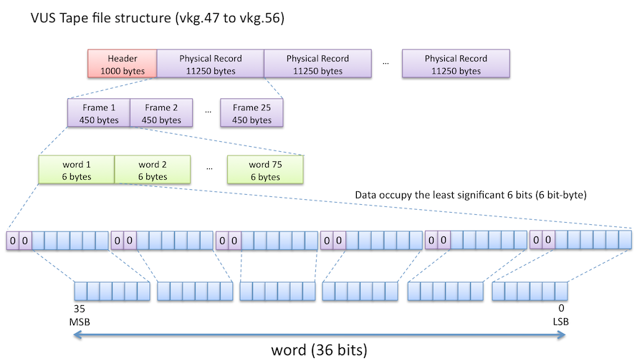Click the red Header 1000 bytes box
point(122,64)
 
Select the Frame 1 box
point(98,114)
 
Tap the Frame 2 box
point(161,114)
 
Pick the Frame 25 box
point(251,114)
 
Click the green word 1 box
point(76,170)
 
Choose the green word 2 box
point(153,170)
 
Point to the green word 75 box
point(265,170)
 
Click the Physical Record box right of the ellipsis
point(456,64)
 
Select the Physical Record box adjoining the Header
point(211,64)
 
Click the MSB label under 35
point(80,322)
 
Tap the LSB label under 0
point(560,322)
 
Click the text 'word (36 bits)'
point(320,350)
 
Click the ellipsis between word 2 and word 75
point(209,170)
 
